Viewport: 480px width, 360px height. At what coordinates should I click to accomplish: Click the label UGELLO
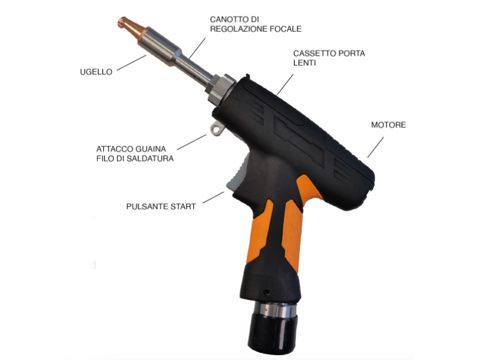point(96,71)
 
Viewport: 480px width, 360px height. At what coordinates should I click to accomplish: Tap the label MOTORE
point(388,125)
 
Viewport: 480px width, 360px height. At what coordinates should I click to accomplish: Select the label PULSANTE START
point(161,206)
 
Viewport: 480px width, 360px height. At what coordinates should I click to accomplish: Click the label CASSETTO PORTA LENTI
point(329,58)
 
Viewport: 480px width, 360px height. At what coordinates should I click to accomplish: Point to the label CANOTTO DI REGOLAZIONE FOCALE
point(256,24)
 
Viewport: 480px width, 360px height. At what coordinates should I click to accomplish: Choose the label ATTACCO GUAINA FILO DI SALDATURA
point(135,154)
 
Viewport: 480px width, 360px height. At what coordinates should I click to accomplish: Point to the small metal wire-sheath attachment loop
point(215,128)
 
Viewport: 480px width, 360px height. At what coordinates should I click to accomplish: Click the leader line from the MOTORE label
point(375,147)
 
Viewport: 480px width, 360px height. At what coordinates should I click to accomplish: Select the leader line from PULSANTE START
point(213,197)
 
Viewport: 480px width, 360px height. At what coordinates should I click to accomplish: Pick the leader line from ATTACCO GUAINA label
point(192,142)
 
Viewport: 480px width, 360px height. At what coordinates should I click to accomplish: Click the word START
point(182,206)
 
